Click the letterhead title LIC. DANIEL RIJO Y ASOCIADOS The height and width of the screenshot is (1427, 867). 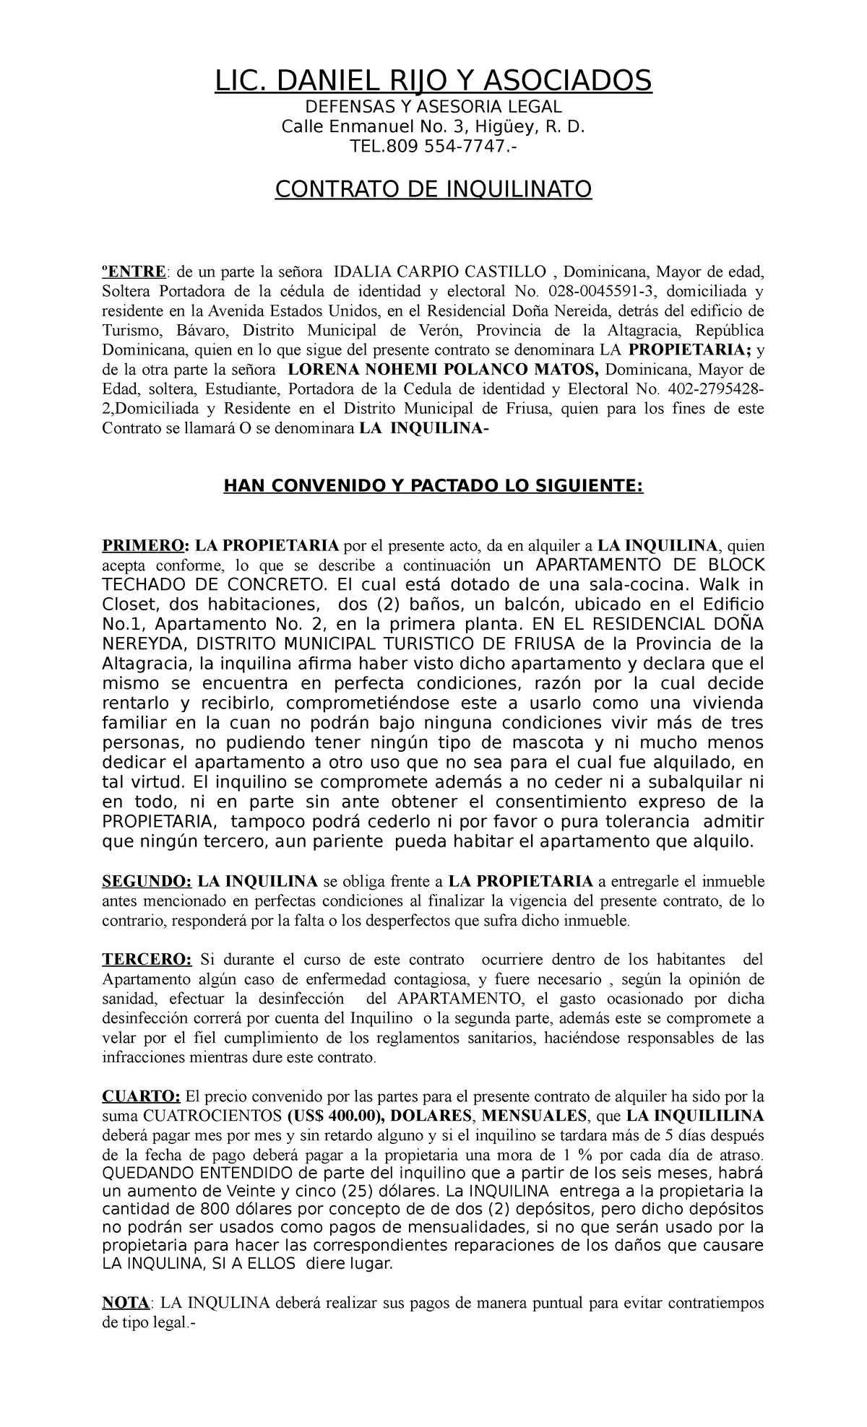[x=433, y=81]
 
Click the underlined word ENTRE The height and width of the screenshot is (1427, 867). [x=134, y=272]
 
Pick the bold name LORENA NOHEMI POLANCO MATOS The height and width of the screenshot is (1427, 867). [x=444, y=370]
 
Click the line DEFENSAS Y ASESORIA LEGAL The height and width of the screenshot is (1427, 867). [x=433, y=108]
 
